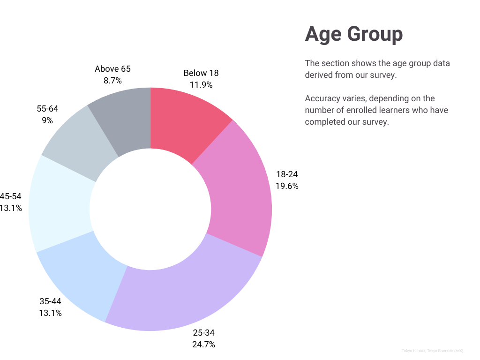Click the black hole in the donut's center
coord(150,209)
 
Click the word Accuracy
coord(322,98)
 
